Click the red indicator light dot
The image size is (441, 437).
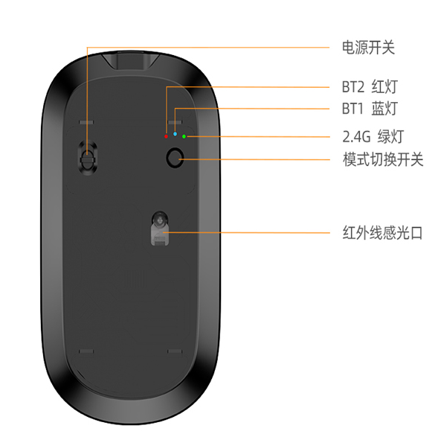coord(166,136)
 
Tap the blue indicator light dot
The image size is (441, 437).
coord(175,134)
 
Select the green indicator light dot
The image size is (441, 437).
coord(184,136)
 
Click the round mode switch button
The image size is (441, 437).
coord(175,158)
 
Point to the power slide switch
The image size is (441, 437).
coord(88,157)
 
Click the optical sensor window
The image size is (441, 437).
coord(160,228)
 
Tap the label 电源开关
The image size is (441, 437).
coord(368,48)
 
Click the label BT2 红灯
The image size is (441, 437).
coord(370,86)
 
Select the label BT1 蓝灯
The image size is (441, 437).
coord(370,109)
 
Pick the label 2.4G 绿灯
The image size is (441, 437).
coord(373,136)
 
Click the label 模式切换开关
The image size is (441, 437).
coord(383,159)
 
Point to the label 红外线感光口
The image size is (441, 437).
coord(382,233)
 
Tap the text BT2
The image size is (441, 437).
coord(353,87)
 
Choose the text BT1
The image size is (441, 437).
coord(353,109)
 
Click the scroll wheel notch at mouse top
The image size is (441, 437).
coord(131,60)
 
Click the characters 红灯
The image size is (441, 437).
coord(384,86)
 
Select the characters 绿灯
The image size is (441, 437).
coord(391,136)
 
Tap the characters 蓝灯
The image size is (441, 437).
coord(384,109)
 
